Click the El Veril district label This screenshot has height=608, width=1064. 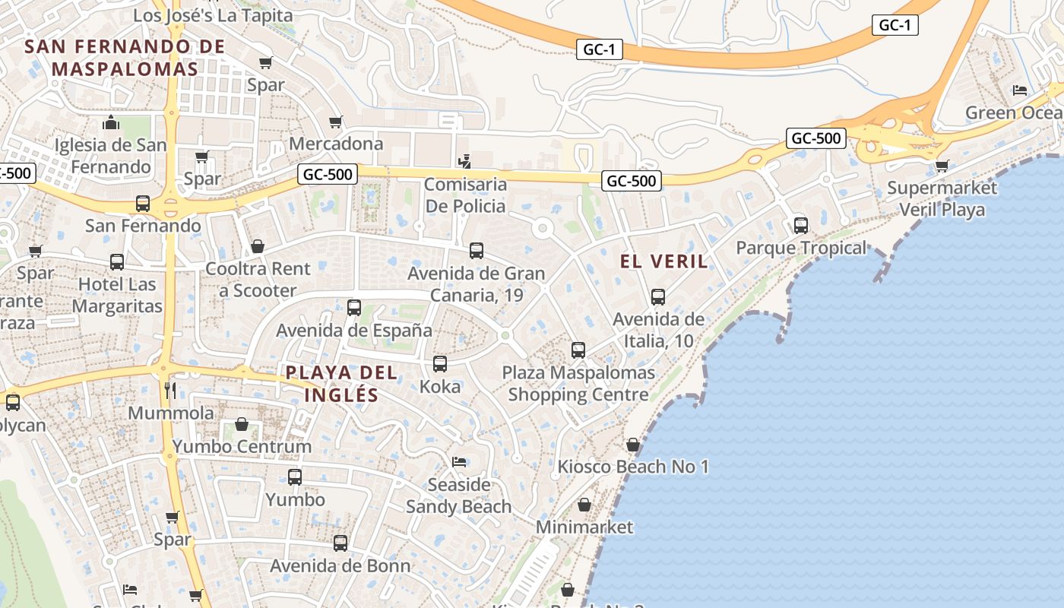coord(663,261)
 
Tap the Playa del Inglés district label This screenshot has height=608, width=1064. coord(341,384)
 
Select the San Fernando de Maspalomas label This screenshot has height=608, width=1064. coord(125,57)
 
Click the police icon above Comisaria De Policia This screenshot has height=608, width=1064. coord(464,161)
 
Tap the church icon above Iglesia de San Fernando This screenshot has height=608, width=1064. coord(111,122)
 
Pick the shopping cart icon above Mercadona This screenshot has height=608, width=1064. coord(336,122)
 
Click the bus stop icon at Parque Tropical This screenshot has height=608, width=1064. coord(800,225)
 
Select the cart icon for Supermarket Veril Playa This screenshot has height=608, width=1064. coord(942,165)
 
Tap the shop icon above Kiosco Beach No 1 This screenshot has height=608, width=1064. coord(633,445)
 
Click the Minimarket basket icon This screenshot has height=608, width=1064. coord(584,505)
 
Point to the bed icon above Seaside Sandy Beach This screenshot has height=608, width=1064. coord(458,462)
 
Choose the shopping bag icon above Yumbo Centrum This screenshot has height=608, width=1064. coord(242,424)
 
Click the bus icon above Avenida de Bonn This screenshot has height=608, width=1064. coord(340,543)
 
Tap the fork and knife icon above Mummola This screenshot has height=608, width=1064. coord(171,391)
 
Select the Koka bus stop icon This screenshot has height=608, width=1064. coord(440,364)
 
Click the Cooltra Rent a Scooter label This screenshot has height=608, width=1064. coord(258,279)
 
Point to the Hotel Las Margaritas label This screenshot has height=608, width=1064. coord(117,295)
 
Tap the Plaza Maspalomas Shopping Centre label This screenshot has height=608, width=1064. coord(578,384)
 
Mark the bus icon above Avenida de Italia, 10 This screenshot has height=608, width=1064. coord(658,297)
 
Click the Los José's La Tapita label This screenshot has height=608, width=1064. coord(213,15)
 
